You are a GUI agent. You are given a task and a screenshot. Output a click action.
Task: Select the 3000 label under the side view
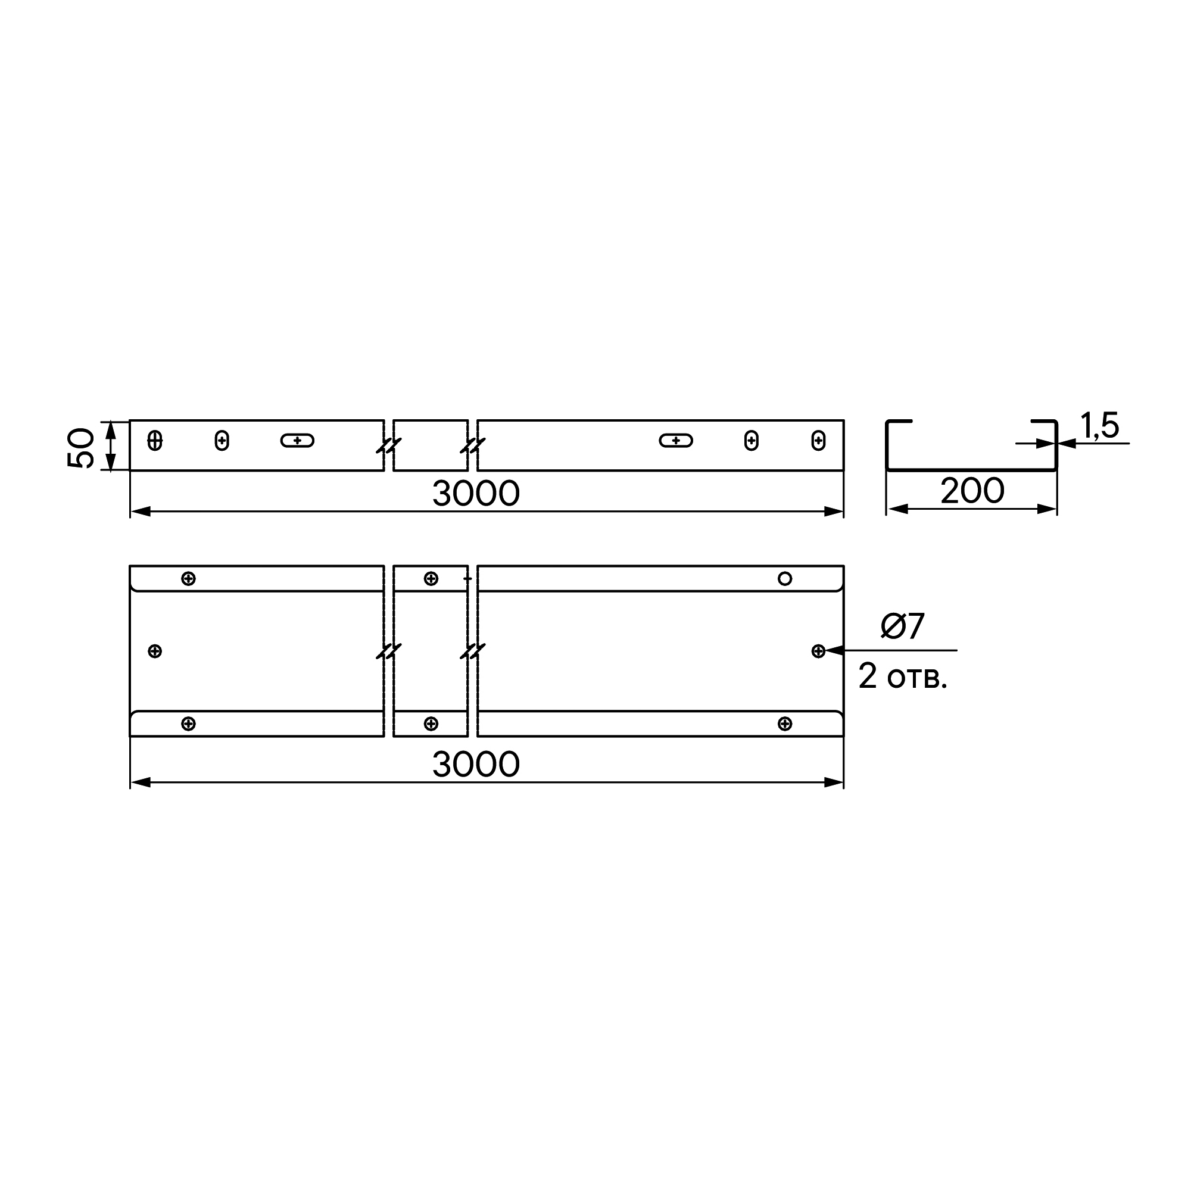476,494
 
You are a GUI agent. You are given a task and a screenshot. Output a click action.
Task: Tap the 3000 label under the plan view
476,765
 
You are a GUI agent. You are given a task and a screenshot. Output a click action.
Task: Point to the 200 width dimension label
972,491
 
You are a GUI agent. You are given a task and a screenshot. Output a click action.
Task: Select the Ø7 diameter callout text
903,626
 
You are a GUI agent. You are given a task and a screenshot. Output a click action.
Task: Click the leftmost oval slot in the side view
155,441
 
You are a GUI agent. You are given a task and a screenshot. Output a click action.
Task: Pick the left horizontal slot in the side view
297,441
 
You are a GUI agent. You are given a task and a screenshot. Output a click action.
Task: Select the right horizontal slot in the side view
676,441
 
